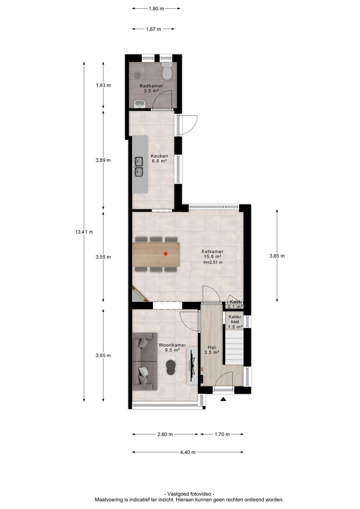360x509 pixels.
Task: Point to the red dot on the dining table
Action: [x=166, y=254]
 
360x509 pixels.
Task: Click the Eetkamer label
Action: [x=212, y=251]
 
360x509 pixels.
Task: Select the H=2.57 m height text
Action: [x=213, y=262]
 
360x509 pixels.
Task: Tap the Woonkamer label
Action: [x=172, y=345]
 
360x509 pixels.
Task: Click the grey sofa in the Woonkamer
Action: [x=145, y=361]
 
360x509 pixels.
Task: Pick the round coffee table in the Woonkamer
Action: [x=171, y=367]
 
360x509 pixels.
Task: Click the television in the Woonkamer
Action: [x=192, y=365]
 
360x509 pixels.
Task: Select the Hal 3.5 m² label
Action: [x=212, y=350]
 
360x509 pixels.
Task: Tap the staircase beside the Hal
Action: [x=234, y=347]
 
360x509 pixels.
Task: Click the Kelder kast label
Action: [x=235, y=319]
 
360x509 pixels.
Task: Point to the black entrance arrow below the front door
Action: [x=223, y=399]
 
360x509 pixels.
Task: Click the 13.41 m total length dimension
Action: [x=84, y=232]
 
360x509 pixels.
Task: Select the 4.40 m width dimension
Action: [x=188, y=452]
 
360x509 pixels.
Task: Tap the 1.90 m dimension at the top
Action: [x=156, y=8]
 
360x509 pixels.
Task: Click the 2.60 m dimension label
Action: [x=165, y=434]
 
